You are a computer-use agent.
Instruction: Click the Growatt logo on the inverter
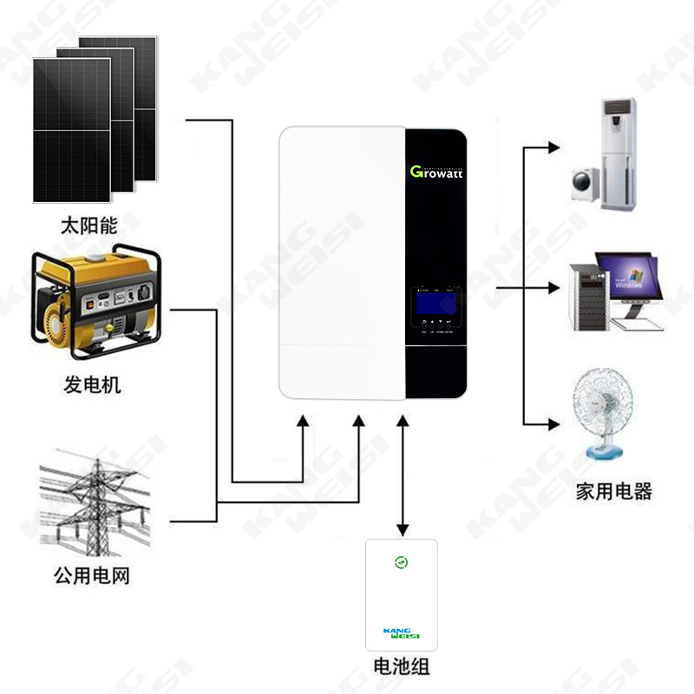pos(436,171)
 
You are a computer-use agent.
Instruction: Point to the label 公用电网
pos(91,575)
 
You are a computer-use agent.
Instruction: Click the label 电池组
pos(402,667)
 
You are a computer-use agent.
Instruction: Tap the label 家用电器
pos(613,492)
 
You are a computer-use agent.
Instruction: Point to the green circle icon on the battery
pos(401,562)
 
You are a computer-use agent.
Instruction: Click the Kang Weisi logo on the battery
pos(401,634)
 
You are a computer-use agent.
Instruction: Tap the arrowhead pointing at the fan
pos(553,424)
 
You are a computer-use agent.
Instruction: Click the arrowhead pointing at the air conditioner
pos(553,148)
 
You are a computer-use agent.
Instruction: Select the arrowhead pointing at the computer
pos(553,286)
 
